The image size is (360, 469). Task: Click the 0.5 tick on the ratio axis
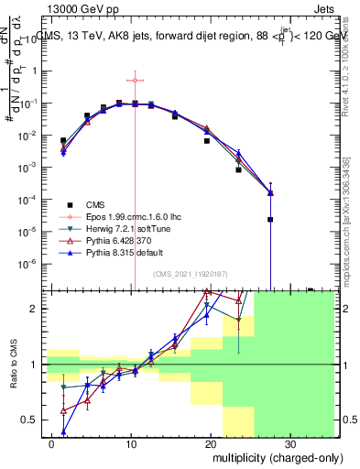coord(35,420)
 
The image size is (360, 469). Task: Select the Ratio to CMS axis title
coord(12,365)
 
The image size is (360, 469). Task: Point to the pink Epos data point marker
coord(135,81)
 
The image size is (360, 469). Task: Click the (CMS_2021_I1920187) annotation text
coord(191,274)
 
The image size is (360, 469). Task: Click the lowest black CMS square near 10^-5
coord(270,219)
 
